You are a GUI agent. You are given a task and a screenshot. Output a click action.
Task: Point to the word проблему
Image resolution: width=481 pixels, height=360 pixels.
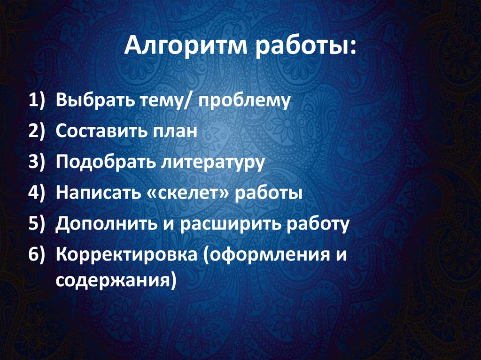pos(245,101)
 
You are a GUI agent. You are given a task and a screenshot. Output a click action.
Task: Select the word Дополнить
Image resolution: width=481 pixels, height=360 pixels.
pos(106,224)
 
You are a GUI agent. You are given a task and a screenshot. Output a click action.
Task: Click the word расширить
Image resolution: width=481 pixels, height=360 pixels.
pos(229,224)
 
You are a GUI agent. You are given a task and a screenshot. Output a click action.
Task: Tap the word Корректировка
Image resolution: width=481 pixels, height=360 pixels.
pos(126,255)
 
